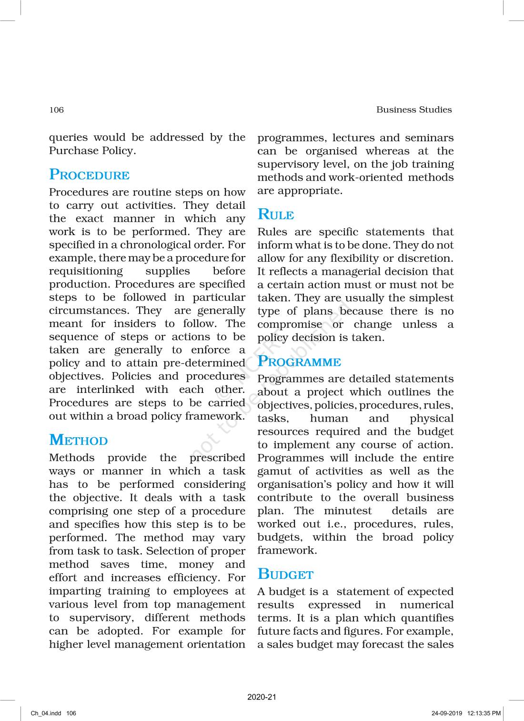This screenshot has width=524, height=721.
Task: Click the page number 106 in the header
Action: point(56,110)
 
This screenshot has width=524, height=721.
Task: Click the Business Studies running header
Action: point(413,110)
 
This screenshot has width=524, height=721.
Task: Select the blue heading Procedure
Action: point(89,175)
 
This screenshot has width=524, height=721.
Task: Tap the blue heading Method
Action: point(79,440)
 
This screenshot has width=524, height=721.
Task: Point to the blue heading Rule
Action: point(275,215)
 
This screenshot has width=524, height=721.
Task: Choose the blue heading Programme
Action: point(299,361)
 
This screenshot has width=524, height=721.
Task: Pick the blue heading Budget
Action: point(285,574)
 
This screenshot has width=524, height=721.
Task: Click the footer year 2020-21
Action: point(262,697)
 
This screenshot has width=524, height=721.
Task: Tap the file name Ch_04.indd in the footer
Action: point(46,713)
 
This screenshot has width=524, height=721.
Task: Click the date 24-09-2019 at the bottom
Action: point(447,713)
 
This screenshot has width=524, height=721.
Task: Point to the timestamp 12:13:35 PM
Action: point(484,713)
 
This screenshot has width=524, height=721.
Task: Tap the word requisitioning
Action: point(86,271)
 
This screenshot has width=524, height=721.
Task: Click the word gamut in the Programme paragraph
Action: point(274,471)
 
